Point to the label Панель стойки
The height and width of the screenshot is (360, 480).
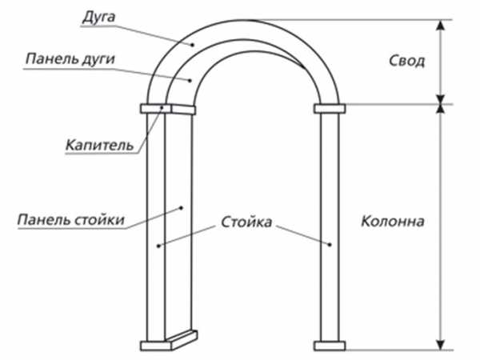click(x=70, y=219)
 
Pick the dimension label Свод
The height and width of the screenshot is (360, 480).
click(x=406, y=61)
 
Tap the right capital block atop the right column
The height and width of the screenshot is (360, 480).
click(x=329, y=108)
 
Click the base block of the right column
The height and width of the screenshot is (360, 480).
click(x=329, y=346)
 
